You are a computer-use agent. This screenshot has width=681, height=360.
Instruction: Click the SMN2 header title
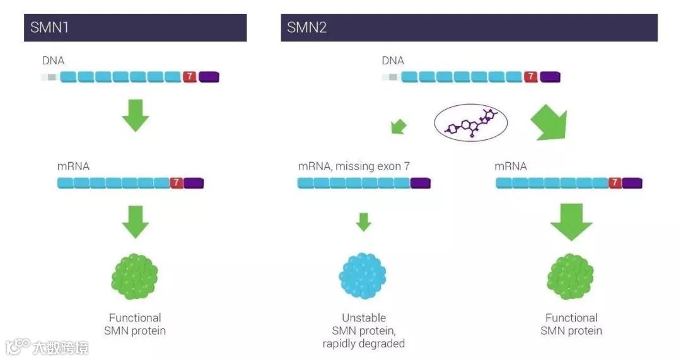click(x=307, y=28)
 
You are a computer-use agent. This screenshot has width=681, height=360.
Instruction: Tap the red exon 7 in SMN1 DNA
click(x=190, y=77)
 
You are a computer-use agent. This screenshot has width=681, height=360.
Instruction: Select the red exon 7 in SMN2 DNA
click(x=531, y=77)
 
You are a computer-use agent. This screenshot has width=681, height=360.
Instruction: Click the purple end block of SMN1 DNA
click(x=209, y=77)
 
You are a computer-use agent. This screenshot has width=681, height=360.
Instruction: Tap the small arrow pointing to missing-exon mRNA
click(x=399, y=127)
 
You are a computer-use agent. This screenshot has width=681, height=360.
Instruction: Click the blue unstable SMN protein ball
click(x=363, y=276)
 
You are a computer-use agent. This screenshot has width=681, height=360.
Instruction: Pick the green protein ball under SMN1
click(x=135, y=276)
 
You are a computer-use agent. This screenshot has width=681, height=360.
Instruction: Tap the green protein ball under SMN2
click(x=571, y=276)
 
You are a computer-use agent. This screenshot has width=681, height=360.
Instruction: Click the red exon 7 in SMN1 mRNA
click(x=177, y=183)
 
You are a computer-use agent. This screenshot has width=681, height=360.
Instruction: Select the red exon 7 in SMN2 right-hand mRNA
click(x=615, y=183)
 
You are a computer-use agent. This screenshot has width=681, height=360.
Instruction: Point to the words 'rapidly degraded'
click(x=363, y=344)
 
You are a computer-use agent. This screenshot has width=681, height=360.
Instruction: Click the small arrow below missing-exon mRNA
click(x=363, y=222)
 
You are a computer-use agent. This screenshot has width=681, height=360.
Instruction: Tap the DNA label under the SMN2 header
click(x=393, y=61)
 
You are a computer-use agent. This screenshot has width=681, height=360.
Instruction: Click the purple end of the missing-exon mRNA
click(x=420, y=183)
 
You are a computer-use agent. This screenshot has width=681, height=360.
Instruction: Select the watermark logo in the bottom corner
click(x=47, y=347)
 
